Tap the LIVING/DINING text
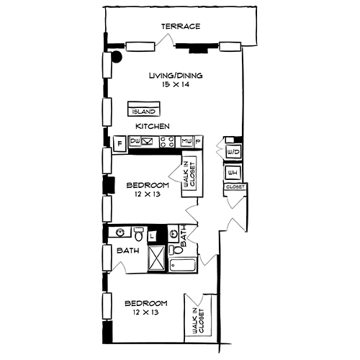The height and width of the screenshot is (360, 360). (176, 75)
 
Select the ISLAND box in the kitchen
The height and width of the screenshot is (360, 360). (143, 111)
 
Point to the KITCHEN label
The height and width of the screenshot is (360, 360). (153, 127)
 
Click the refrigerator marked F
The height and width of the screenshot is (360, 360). (120, 143)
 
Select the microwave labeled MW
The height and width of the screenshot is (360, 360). (186, 142)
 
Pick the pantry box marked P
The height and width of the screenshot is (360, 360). (198, 142)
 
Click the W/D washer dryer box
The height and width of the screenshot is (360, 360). (233, 153)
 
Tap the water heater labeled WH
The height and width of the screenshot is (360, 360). (233, 173)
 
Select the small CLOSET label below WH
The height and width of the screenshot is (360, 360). (235, 187)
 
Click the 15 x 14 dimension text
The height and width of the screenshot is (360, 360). (176, 85)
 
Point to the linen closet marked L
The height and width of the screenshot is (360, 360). (153, 235)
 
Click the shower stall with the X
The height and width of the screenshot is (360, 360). (155, 257)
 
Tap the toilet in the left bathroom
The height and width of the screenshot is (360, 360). (138, 235)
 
